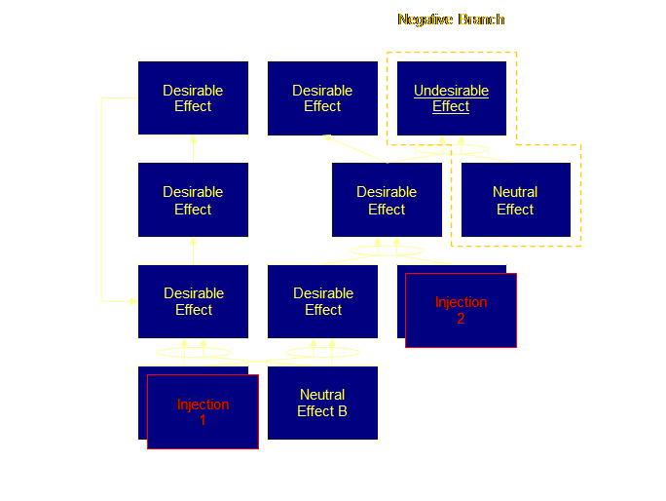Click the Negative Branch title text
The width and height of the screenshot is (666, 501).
pyautogui.click(x=451, y=19)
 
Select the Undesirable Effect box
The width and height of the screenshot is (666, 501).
pyautogui.click(x=451, y=98)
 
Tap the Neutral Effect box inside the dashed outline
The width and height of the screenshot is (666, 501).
pyautogui.click(x=515, y=200)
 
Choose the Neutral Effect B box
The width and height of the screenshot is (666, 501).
pyautogui.click(x=322, y=403)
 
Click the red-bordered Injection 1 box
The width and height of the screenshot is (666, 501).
pyautogui.click(x=203, y=411)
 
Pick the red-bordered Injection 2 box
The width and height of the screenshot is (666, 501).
pyautogui.click(x=461, y=310)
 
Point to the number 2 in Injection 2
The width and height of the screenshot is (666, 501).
pyautogui.click(x=461, y=318)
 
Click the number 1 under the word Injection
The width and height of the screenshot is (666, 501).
pyautogui.click(x=203, y=420)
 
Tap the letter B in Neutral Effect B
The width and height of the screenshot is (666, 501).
pyautogui.click(x=342, y=411)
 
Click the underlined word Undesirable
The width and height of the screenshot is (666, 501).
pyautogui.click(x=451, y=91)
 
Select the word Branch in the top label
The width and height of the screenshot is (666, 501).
pyautogui.click(x=481, y=19)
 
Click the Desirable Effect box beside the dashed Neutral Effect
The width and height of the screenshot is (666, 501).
pyautogui.click(x=387, y=200)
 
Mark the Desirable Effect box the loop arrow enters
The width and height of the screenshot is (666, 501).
pyautogui.click(x=193, y=301)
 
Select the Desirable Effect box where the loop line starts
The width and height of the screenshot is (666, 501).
pyautogui.click(x=193, y=98)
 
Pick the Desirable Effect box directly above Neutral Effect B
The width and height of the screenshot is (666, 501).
pyautogui.click(x=322, y=301)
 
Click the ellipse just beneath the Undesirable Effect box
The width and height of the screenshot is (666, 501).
pyautogui.click(x=451, y=149)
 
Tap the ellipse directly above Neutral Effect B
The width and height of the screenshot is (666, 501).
pyautogui.click(x=322, y=352)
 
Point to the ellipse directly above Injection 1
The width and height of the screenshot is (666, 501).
pyautogui.click(x=194, y=352)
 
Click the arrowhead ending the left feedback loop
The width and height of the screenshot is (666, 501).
pyautogui.click(x=132, y=301)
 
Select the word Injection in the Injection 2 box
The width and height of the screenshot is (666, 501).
pyautogui.click(x=461, y=302)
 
